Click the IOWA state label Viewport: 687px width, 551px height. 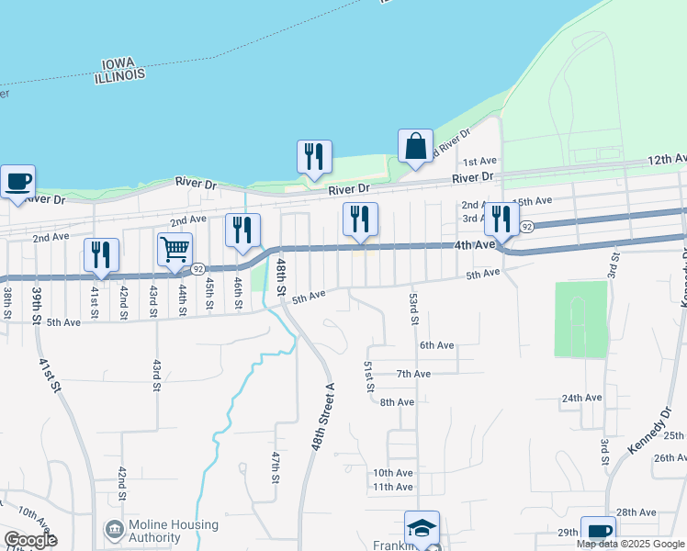point(119,65)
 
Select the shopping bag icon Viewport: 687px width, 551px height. point(415,147)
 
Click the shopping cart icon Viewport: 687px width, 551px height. point(175,249)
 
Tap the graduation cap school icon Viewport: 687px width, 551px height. point(422,529)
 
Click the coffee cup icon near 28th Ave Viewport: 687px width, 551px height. point(598,532)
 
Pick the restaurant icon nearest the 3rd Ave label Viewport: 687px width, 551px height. point(501,219)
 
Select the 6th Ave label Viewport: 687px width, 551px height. point(437,345)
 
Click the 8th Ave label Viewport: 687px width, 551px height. point(397,402)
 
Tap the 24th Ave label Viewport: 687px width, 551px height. point(581,398)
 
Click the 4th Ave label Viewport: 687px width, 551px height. point(474,245)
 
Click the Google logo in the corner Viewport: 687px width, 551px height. point(29,540)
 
